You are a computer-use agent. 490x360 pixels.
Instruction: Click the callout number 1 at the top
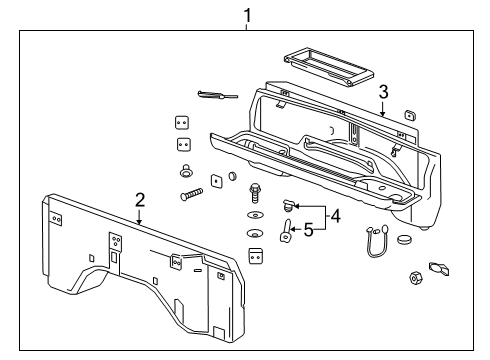tap(246, 14)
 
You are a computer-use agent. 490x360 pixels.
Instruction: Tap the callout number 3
tap(381, 93)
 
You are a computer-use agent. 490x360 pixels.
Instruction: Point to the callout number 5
tap(307, 229)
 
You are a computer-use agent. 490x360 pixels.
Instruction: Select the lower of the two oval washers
tap(254, 235)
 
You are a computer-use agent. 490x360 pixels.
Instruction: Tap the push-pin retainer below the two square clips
tap(186, 170)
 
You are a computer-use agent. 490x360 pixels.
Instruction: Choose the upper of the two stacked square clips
tap(182, 122)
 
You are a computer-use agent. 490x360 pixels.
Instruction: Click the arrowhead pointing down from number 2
tap(140, 219)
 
